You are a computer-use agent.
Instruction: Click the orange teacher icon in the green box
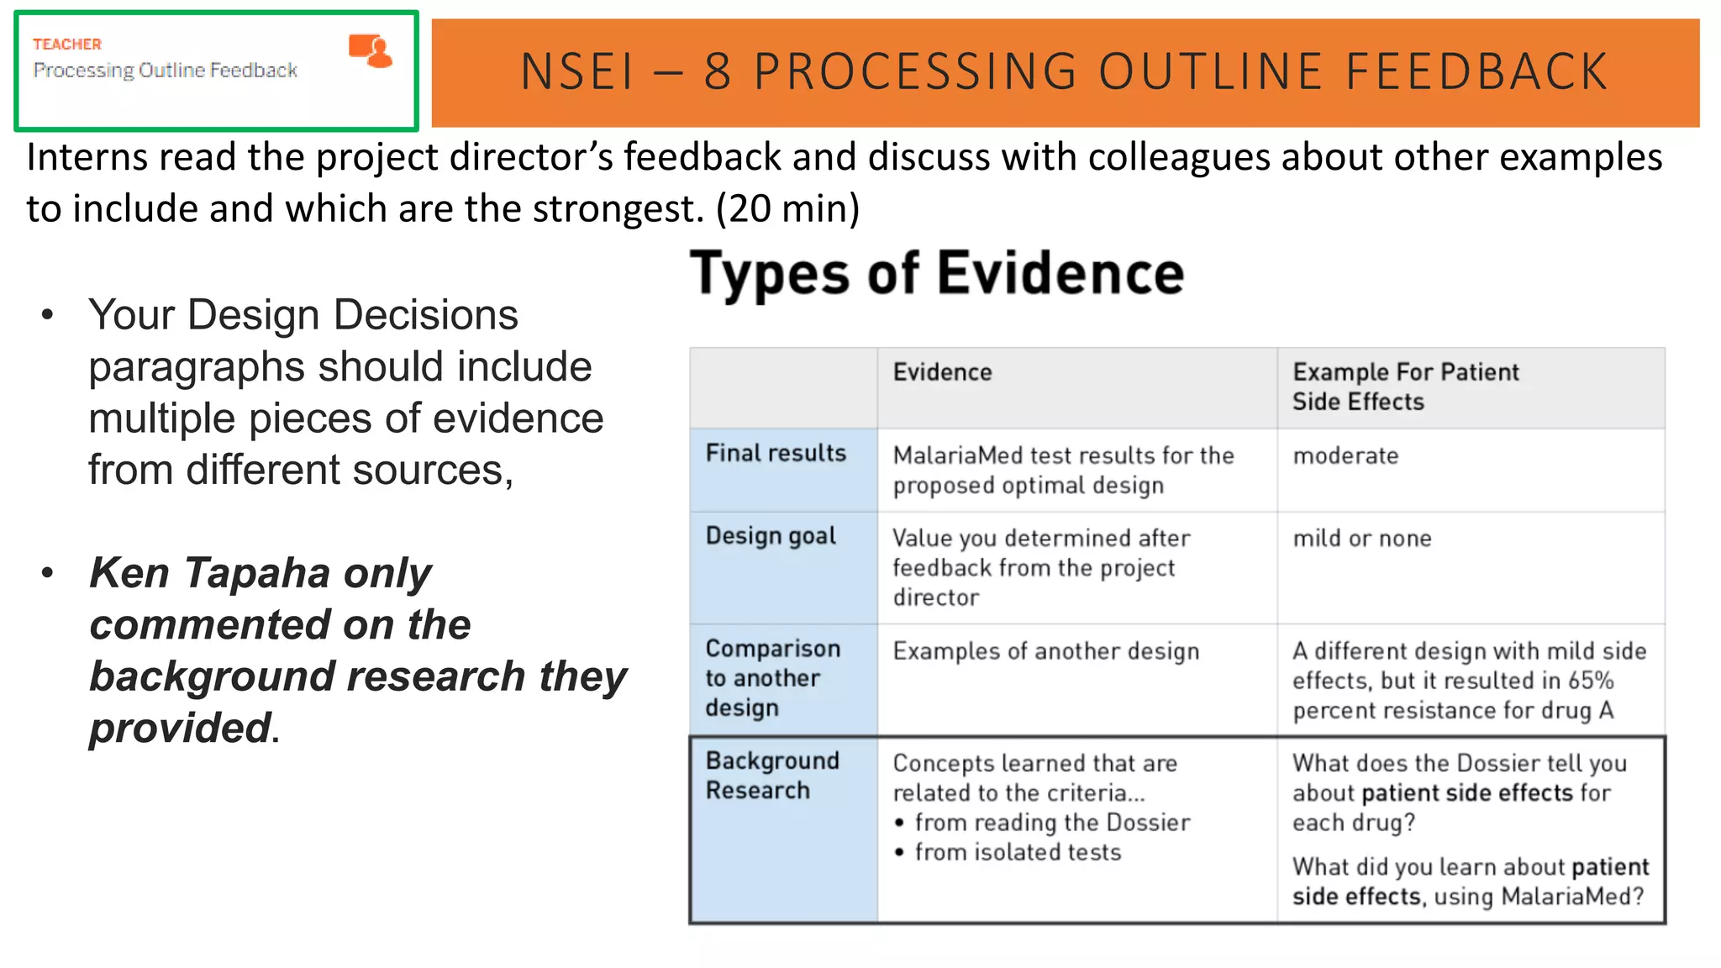[371, 50]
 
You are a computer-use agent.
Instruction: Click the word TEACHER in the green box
[67, 44]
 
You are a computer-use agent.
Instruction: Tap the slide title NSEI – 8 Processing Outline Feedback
[1064, 71]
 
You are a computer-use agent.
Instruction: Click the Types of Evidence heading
[937, 274]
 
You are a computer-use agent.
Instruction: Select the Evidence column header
[942, 372]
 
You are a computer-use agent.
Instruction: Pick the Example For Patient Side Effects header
[1405, 387]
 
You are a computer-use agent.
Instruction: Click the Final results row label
[776, 454]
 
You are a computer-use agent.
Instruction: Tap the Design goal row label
[771, 536]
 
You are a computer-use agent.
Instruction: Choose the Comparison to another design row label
[772, 678]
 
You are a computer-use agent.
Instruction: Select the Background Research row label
[771, 775]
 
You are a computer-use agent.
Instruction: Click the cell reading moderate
[1345, 456]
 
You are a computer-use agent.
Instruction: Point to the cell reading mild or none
[1361, 539]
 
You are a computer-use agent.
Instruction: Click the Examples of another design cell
[1045, 651]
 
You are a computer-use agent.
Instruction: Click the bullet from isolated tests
[1018, 852]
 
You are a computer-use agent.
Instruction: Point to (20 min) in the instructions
[787, 208]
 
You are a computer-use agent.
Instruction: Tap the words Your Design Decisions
[303, 315]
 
